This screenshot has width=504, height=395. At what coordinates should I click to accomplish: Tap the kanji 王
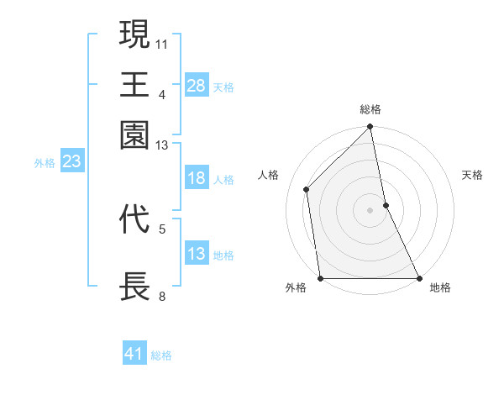[x=135, y=85]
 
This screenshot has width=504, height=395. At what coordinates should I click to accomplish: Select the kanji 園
[x=135, y=134]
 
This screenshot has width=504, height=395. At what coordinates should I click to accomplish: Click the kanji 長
[x=135, y=287]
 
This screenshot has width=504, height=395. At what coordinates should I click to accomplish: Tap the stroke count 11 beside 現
[x=162, y=43]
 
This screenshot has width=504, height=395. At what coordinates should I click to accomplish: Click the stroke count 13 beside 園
[x=162, y=145]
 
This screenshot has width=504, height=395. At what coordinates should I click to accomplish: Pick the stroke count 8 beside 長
[x=161, y=297]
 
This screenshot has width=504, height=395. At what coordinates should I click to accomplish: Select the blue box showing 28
[x=196, y=85]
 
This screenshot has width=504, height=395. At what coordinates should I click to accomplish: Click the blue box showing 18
[x=196, y=178]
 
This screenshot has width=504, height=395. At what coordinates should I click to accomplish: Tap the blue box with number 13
[x=196, y=254]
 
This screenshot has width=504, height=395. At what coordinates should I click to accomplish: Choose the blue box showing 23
[x=71, y=161]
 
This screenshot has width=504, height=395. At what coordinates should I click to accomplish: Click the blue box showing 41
[x=134, y=354]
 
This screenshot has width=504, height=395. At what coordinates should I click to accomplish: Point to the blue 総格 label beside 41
[x=161, y=355]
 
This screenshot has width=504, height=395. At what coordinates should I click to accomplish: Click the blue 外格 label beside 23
[x=44, y=163]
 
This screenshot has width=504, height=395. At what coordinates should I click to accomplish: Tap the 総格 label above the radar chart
[x=370, y=109]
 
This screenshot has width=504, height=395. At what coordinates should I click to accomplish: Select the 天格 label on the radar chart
[x=472, y=175]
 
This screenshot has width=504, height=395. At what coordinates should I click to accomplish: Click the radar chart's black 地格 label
[x=440, y=287]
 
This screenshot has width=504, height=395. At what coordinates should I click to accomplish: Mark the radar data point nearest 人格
[x=307, y=189]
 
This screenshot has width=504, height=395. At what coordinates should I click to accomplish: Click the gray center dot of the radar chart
[x=370, y=209]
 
